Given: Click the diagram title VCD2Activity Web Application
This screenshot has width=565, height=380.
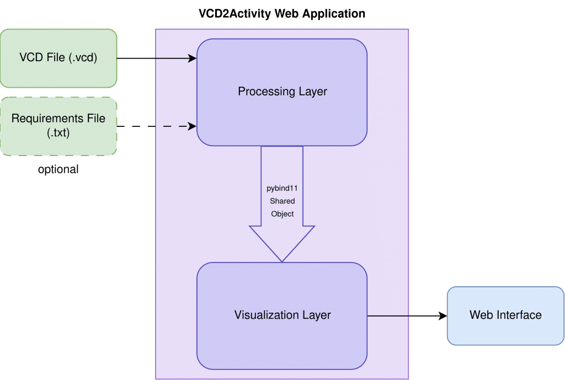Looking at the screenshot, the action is coord(282,14).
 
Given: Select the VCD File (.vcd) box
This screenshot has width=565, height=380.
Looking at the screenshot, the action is coord(58,58).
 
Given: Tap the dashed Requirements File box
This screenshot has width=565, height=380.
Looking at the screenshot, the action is coord(58,126).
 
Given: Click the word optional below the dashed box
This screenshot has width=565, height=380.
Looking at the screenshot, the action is coord(58,169).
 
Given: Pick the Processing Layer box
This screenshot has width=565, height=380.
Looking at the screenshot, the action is coord(282,92).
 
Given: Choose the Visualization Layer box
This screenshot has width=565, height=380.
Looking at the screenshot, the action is coord(282,316).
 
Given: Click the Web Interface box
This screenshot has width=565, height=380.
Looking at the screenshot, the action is coord(505,316).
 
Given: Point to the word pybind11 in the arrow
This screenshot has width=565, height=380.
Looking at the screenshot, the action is coord(282,188).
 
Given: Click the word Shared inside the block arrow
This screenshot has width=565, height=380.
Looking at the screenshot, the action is coord(282,201).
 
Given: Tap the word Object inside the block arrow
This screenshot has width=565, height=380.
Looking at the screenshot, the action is coord(282,214).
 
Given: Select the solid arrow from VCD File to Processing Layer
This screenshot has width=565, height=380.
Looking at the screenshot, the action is coord(157,58).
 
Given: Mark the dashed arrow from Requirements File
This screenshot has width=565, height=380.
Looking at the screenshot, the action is coord(157,126).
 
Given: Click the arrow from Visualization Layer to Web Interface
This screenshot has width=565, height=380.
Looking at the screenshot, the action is coord(407,316).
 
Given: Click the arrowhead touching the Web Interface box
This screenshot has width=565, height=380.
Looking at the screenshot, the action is coord(443,316).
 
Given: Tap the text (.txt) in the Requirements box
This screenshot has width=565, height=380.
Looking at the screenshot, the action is coord(58,132).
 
